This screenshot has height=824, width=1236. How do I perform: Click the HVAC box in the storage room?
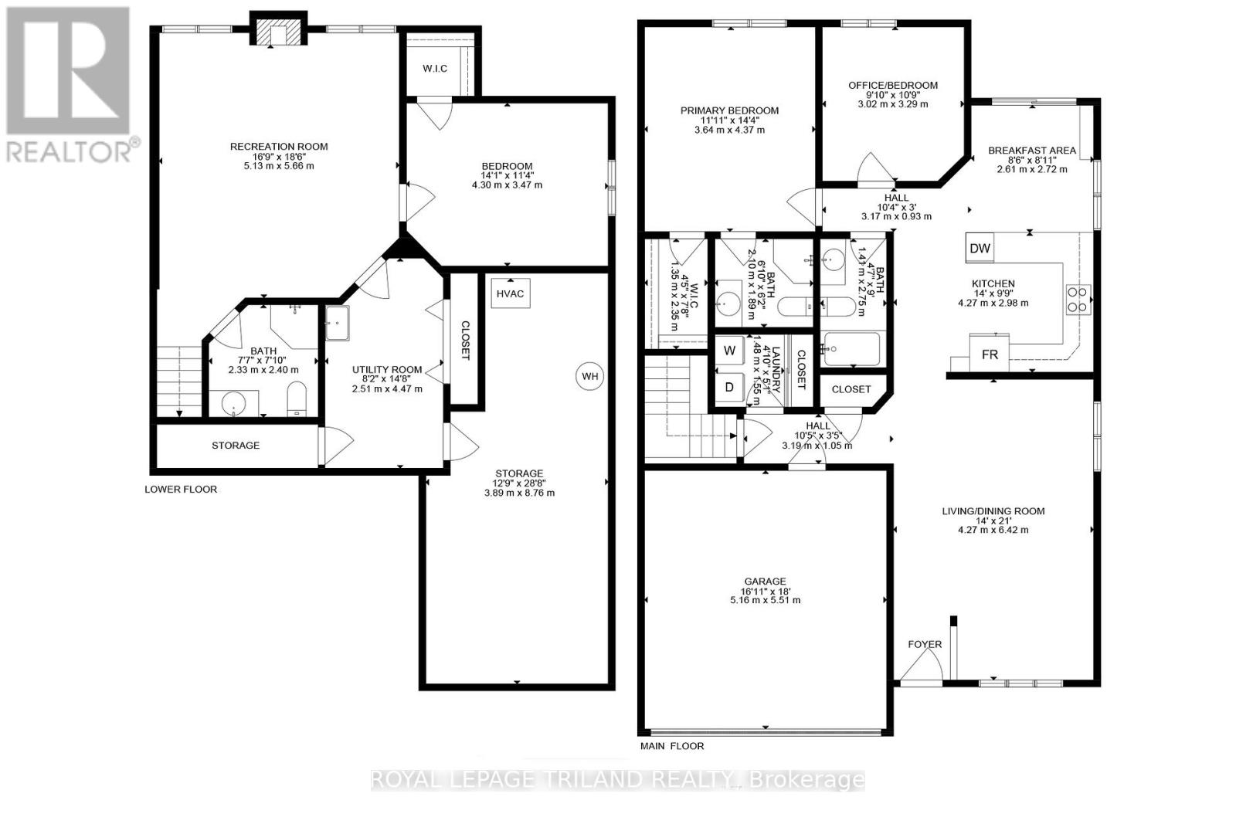click(511, 293)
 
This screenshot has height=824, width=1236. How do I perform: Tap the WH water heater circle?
click(590, 377)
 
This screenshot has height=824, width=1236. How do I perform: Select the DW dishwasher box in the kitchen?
click(980, 249)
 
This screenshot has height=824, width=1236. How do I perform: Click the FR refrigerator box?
click(990, 354)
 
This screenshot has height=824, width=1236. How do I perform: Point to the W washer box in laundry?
click(729, 351)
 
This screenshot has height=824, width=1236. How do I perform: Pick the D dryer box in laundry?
click(729, 387)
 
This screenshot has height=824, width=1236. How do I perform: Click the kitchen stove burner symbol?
click(1078, 299)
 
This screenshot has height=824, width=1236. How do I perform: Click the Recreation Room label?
click(279, 147)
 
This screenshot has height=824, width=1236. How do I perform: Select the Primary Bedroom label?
click(729, 110)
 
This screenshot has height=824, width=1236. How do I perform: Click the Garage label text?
click(765, 582)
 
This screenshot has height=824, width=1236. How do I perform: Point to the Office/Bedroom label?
click(892, 86)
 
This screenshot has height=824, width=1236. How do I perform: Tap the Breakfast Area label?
click(1031, 151)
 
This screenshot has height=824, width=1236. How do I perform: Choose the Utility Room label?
click(387, 370)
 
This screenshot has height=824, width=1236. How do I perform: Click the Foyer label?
click(925, 644)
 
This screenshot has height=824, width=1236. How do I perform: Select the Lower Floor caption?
click(181, 490)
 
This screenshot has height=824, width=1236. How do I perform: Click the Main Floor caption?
click(672, 746)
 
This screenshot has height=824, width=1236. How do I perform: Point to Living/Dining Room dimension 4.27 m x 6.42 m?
click(993, 530)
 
